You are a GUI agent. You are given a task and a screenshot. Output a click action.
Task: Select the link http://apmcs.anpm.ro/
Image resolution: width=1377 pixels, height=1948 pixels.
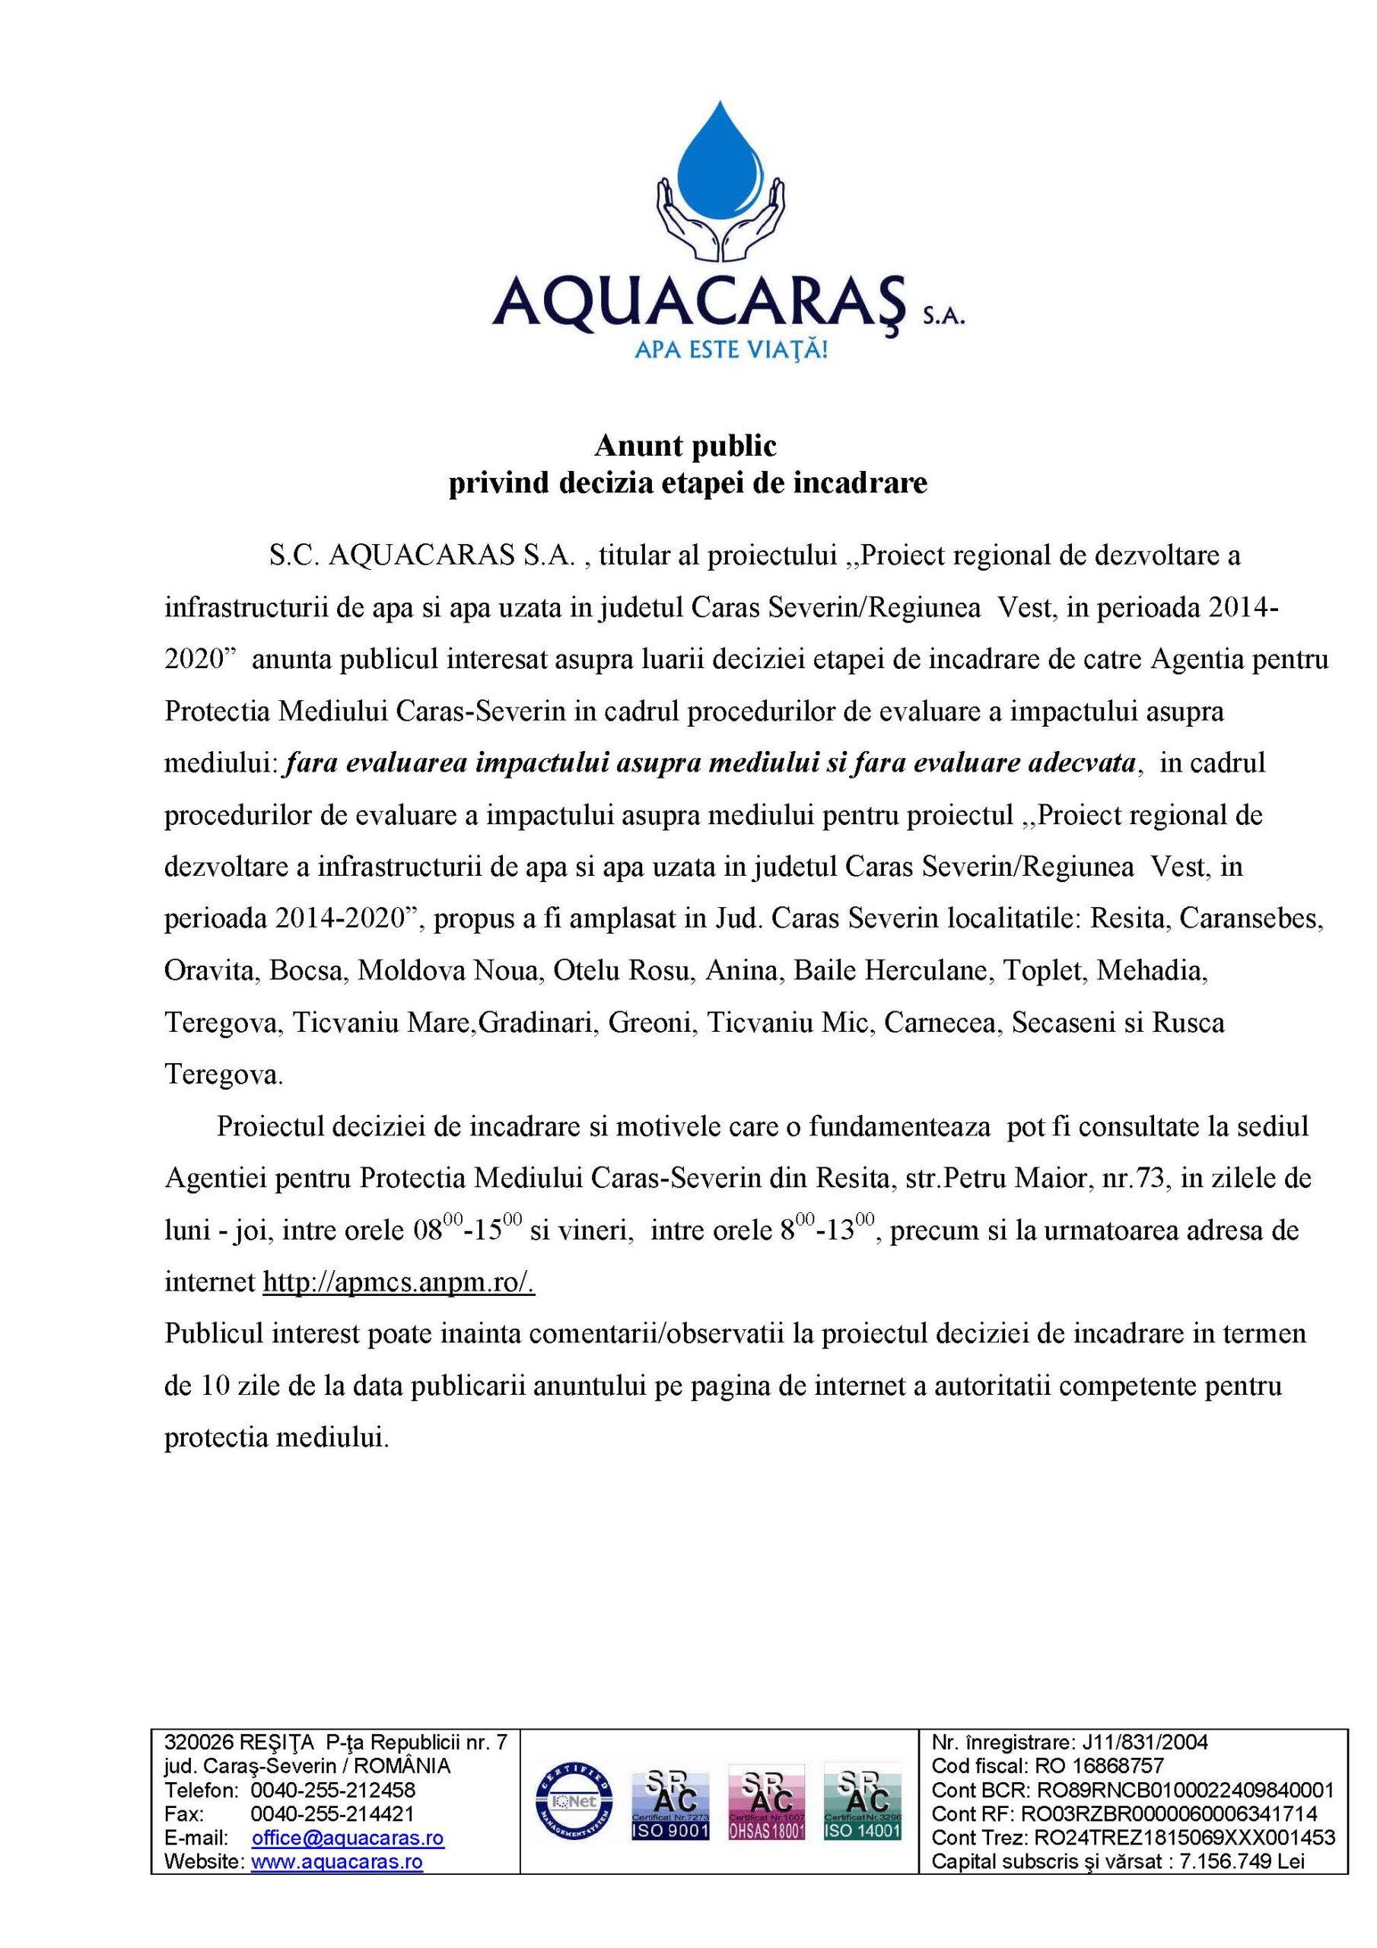point(399,1282)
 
